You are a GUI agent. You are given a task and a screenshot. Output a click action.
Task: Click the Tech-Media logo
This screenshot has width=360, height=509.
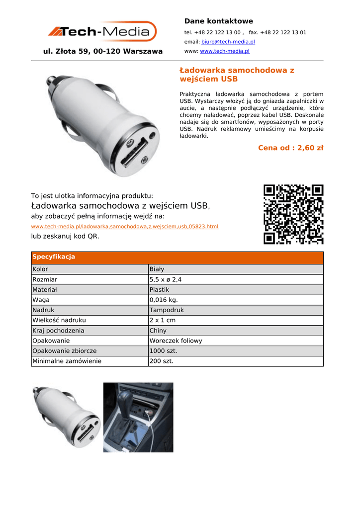click(x=102, y=32)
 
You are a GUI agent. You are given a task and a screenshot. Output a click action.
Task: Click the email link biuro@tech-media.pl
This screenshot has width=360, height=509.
click(x=228, y=42)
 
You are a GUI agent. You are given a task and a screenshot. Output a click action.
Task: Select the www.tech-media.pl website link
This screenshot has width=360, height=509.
click(x=225, y=51)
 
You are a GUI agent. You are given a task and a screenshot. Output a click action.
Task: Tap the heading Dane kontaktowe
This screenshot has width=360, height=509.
click(x=218, y=21)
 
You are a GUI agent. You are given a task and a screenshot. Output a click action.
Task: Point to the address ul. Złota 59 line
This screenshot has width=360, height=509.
click(x=103, y=51)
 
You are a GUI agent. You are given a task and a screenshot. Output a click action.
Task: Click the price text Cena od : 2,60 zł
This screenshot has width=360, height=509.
click(x=290, y=148)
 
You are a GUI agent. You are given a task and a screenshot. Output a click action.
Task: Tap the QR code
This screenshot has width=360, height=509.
click(x=293, y=214)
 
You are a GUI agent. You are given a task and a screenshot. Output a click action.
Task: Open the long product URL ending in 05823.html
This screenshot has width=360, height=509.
click(x=124, y=227)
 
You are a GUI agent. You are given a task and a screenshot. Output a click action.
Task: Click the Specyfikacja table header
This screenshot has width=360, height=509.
click(x=54, y=257)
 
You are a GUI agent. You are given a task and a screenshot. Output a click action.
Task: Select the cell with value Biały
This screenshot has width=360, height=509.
click(x=157, y=269)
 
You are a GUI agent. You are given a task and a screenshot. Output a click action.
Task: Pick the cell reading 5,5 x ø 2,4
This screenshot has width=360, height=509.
click(x=165, y=279)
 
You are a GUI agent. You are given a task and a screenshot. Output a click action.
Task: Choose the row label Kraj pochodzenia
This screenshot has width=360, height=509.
click(x=58, y=331)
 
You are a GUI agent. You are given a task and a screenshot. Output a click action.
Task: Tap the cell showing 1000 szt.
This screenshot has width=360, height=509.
click(x=163, y=351)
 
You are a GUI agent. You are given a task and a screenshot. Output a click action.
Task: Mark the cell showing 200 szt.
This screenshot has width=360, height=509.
click(x=162, y=361)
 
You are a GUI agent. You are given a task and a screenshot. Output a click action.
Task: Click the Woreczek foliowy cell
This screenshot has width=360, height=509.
click(x=176, y=341)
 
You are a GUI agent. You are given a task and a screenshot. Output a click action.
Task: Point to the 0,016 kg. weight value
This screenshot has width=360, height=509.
click(x=163, y=300)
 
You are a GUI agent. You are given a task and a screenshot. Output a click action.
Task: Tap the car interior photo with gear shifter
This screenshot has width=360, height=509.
click(x=138, y=417)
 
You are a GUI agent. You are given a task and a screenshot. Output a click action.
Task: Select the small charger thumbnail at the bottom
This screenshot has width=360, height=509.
click(x=66, y=417)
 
